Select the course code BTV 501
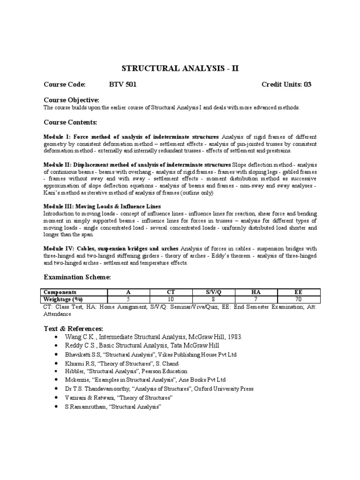(122, 84)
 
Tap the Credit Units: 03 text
(286, 84)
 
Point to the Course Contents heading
(70, 122)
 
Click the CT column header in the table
(171, 292)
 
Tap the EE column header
(299, 292)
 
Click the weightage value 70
(299, 299)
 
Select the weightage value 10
(171, 299)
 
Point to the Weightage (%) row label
(63, 299)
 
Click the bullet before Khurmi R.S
(56, 364)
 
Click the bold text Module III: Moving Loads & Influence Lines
(102, 206)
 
